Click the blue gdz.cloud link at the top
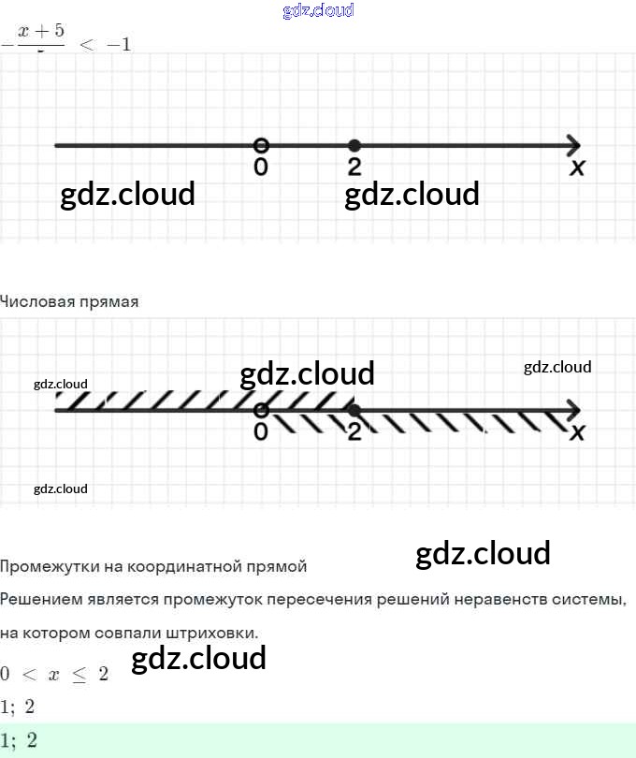click(318, 11)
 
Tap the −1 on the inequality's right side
click(119, 46)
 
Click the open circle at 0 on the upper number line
click(262, 145)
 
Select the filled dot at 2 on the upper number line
click(354, 145)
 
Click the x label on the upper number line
click(577, 168)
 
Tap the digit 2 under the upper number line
click(354, 168)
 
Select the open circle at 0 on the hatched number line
click(262, 410)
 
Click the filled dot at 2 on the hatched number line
click(354, 410)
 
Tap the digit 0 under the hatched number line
click(261, 431)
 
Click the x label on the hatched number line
click(577, 432)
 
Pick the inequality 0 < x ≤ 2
click(54, 674)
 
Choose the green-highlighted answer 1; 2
click(19, 740)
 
